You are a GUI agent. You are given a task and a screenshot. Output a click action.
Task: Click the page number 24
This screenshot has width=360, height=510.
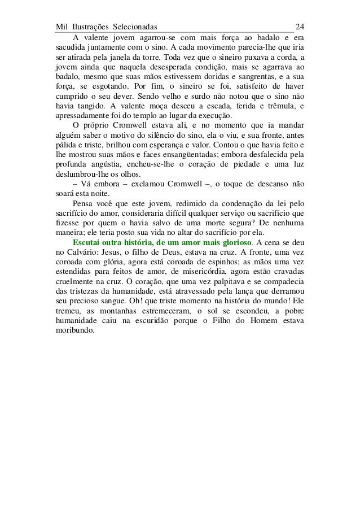point(300,27)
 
